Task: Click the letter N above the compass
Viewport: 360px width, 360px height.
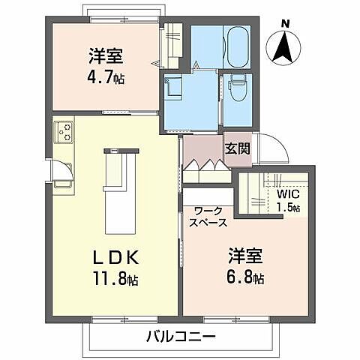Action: point(284,25)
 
